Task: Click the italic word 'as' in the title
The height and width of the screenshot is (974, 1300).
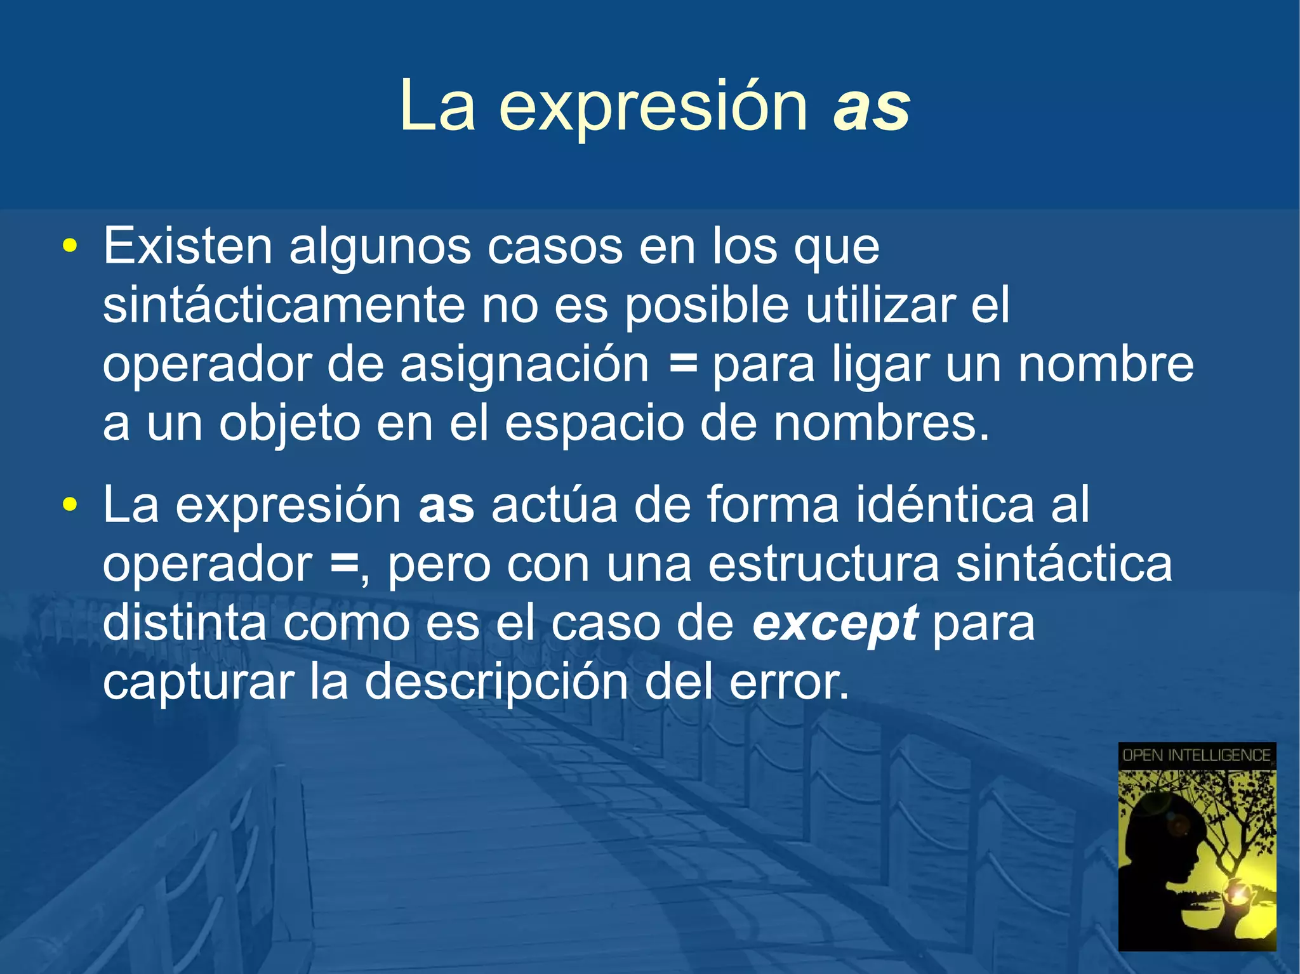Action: point(872,106)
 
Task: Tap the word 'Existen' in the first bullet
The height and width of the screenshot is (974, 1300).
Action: point(187,246)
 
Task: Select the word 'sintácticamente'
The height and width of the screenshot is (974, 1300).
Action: point(284,305)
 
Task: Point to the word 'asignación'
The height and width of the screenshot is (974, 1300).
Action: point(524,365)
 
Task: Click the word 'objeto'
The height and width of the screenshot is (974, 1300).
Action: point(289,424)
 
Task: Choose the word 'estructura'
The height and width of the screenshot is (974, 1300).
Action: point(823,563)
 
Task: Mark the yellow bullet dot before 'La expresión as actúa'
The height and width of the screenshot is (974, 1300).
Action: point(70,505)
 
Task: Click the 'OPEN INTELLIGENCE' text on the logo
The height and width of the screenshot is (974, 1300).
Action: point(1197,755)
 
